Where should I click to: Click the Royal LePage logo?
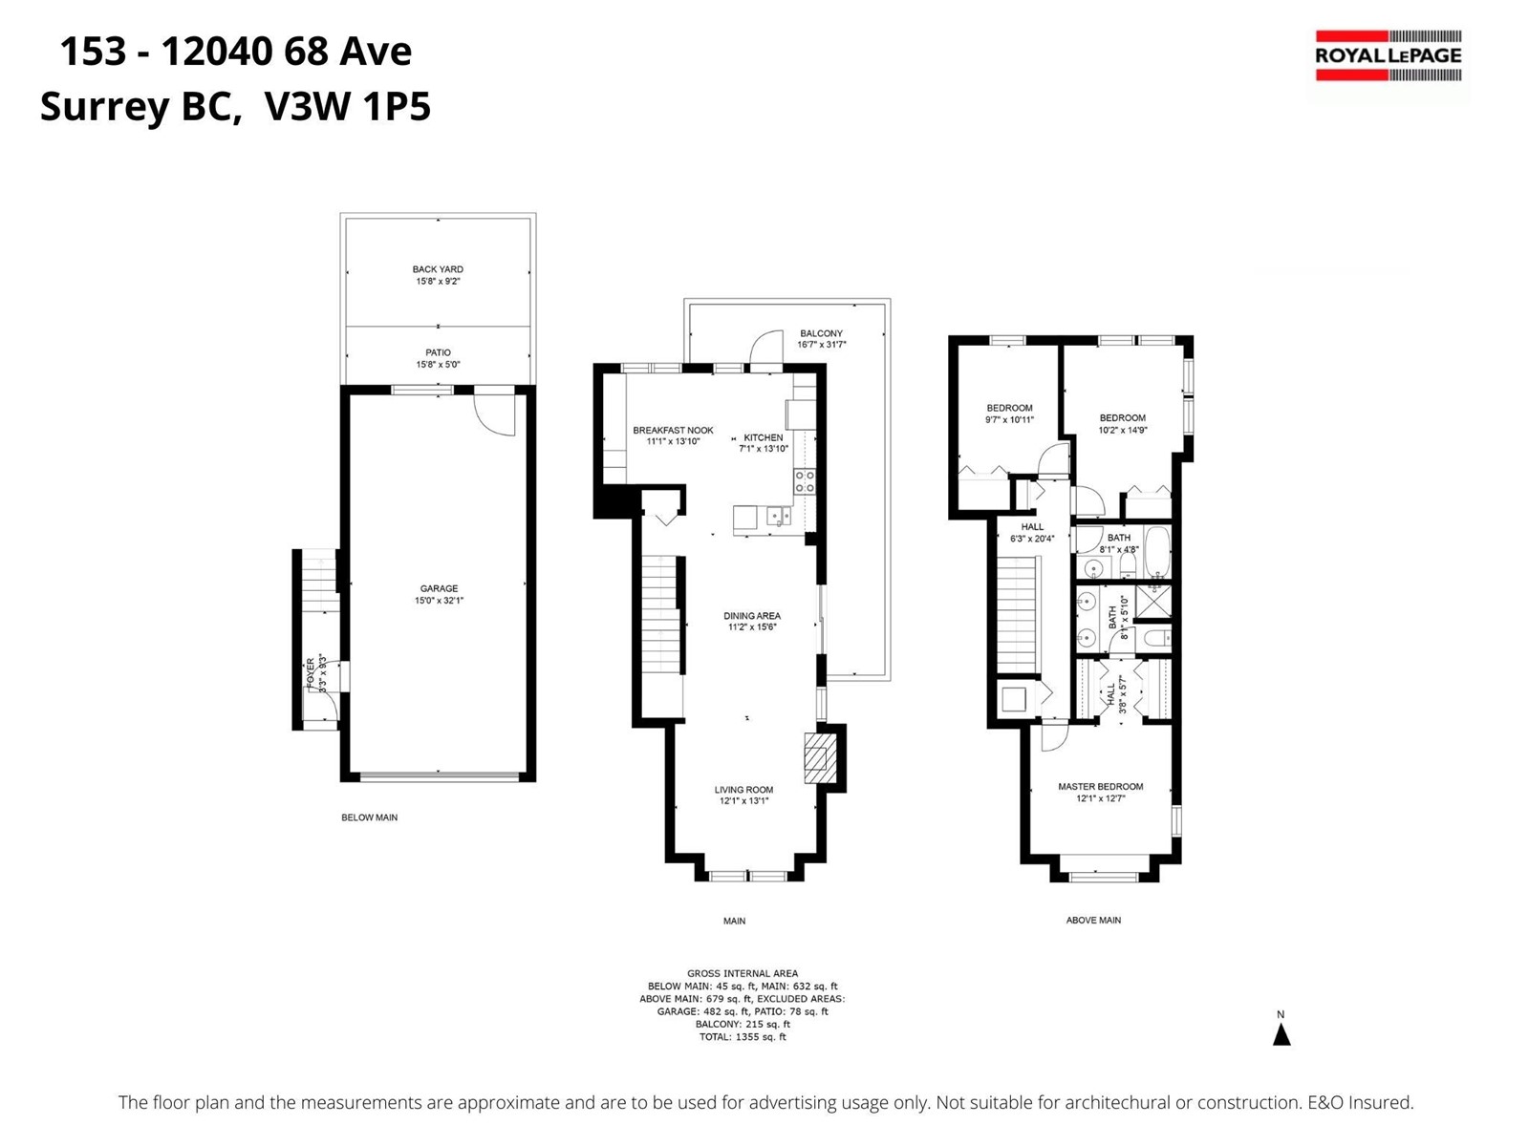pyautogui.click(x=1388, y=55)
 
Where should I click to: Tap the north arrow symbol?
pyautogui.click(x=1281, y=1035)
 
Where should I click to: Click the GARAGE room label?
pyautogui.click(x=439, y=588)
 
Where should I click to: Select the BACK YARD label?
pyautogui.click(x=438, y=269)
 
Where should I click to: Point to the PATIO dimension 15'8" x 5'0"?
pyautogui.click(x=438, y=365)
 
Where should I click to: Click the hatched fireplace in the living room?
pyautogui.click(x=816, y=757)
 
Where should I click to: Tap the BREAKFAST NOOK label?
pyautogui.click(x=673, y=431)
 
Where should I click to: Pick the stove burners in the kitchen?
pyautogui.click(x=805, y=481)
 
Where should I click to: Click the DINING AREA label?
pyautogui.click(x=752, y=616)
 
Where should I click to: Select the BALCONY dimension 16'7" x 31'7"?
pyautogui.click(x=821, y=345)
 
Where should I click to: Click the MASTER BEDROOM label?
pyautogui.click(x=1101, y=786)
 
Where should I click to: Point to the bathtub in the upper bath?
pyautogui.click(x=1157, y=553)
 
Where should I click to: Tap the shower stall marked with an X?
pyautogui.click(x=1153, y=602)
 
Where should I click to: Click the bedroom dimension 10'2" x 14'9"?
pyautogui.click(x=1123, y=430)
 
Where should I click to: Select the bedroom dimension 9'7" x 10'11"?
pyautogui.click(x=1009, y=419)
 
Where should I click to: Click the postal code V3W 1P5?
pyautogui.click(x=348, y=107)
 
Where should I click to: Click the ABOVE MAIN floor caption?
pyautogui.click(x=1093, y=920)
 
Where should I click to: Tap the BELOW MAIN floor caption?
pyautogui.click(x=369, y=817)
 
